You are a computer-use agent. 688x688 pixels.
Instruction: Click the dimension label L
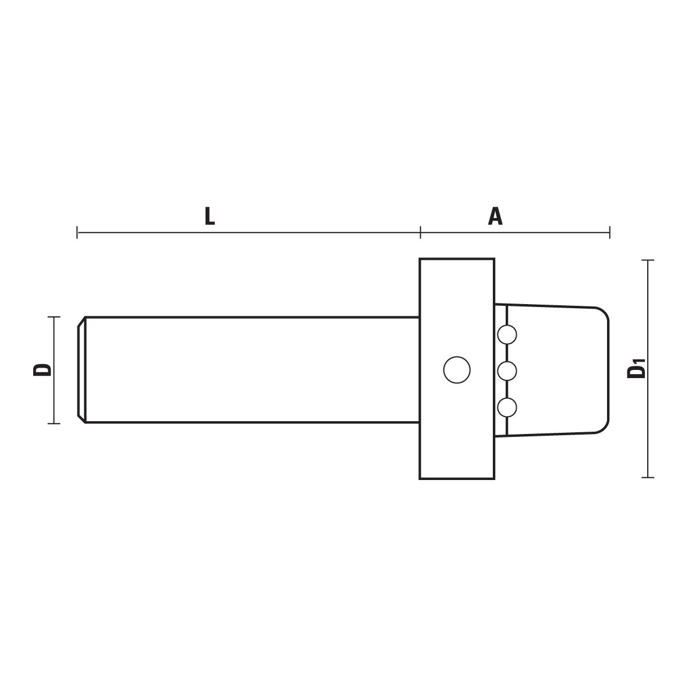[210, 216]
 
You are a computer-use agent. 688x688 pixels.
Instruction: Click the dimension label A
[495, 216]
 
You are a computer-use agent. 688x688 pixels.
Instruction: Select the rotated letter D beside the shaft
[42, 369]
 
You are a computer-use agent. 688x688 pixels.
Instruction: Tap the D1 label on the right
[636, 369]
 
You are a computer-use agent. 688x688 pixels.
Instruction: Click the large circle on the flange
[457, 370]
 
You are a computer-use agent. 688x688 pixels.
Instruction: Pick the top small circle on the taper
[507, 334]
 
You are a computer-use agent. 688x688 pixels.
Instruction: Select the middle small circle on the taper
[507, 371]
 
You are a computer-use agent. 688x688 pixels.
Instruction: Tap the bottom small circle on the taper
[507, 408]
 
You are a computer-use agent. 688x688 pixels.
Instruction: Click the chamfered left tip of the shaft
[81, 369]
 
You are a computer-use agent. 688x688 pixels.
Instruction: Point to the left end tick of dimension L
[77, 232]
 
